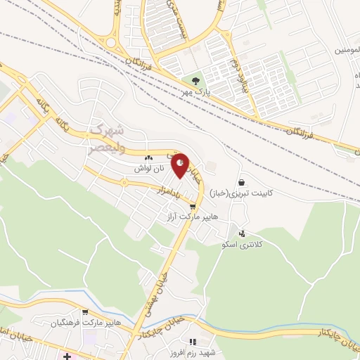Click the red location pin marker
[x=181, y=165]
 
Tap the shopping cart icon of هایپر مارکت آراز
[x=193, y=207]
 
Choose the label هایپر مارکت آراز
[x=194, y=217]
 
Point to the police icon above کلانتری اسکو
[x=242, y=233]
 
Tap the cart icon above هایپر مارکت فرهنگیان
[x=84, y=312]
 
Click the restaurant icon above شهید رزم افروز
[x=193, y=341]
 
